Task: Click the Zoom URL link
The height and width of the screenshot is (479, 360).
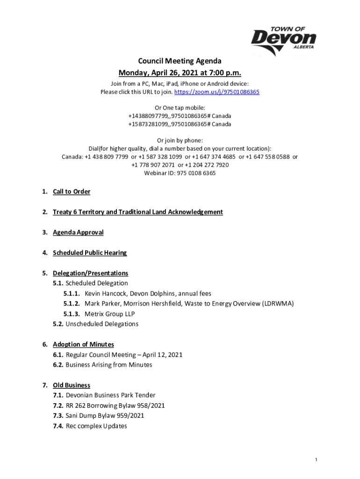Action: [x=216, y=92]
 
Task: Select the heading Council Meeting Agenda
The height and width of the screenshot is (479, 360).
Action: [x=180, y=61]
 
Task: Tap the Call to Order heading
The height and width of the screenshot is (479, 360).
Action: [x=72, y=192]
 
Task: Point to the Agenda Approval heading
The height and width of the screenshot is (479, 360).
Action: [x=78, y=232]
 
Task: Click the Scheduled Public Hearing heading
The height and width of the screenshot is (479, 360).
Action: [x=90, y=253]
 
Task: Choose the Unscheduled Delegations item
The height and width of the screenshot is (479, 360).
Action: [x=102, y=324]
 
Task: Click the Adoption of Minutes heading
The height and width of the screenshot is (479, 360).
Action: [x=83, y=345]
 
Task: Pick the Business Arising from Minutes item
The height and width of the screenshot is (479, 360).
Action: [x=109, y=365]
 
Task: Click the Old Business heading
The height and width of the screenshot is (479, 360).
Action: [x=72, y=385]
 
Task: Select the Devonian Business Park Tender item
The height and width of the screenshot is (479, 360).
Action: [x=110, y=395]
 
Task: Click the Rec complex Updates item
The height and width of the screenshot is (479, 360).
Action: [x=96, y=426]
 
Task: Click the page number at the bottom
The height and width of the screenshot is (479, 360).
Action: [x=316, y=460]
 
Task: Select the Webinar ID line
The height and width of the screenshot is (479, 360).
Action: [x=180, y=173]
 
